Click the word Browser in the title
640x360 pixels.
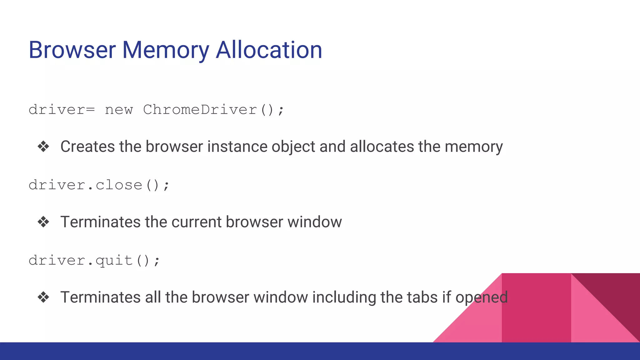[x=72, y=50]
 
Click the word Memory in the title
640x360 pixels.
[x=165, y=50]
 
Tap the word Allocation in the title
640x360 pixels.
[x=269, y=50]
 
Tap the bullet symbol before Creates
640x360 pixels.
[x=43, y=147]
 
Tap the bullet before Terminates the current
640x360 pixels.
[x=43, y=222]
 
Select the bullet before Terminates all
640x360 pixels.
[x=43, y=297]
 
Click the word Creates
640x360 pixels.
[x=87, y=147]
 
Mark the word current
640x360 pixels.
[x=197, y=222]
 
